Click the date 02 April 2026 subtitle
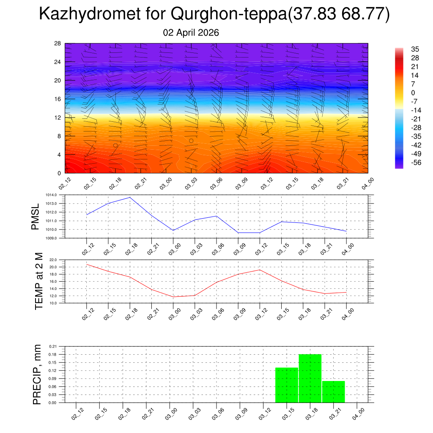coord(191,33)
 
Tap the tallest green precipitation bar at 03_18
coord(310,378)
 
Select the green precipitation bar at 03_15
coord(287,385)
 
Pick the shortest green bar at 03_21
coord(334,392)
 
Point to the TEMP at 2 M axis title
coord(39,281)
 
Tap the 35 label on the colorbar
coord(414,49)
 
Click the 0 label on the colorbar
coord(413,93)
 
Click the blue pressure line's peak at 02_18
coord(130,197)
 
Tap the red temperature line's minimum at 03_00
coord(173,297)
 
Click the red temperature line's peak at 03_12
coord(260,270)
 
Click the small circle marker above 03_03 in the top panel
coord(191,141)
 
